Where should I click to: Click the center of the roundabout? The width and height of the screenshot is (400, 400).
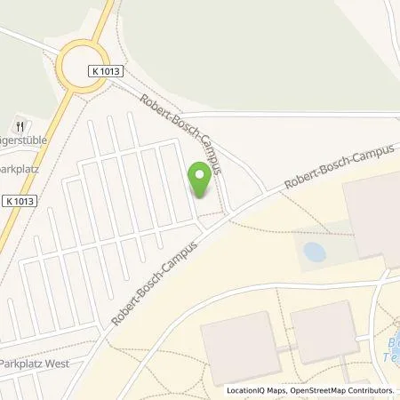81,66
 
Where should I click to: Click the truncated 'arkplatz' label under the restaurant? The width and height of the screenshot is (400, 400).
25,165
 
